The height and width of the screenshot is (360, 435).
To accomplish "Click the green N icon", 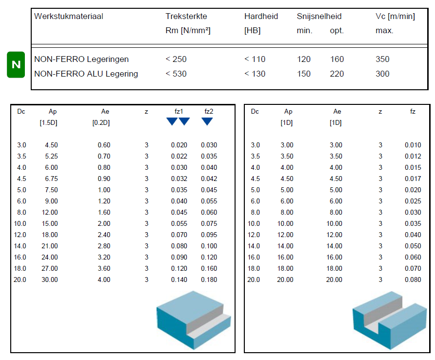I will pyautogui.click(x=16, y=64).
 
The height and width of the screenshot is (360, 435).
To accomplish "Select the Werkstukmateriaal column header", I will pyautogui.click(x=69, y=17).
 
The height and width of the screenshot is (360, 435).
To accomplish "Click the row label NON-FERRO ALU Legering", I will pyautogui.click(x=86, y=74).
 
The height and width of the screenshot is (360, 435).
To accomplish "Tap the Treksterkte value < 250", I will pyautogui.click(x=176, y=60).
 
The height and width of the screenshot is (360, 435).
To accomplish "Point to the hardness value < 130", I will pyautogui.click(x=255, y=74).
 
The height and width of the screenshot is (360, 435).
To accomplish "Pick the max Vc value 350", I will pyautogui.click(x=383, y=60).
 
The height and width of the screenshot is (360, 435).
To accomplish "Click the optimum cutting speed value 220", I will pyautogui.click(x=337, y=74).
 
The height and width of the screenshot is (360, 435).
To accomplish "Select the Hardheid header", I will pyautogui.click(x=261, y=17).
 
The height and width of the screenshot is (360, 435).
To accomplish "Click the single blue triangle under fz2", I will pyautogui.click(x=207, y=121).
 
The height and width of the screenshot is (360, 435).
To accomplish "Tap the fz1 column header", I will pyautogui.click(x=179, y=112).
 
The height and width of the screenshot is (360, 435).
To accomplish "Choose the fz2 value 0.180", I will pyautogui.click(x=209, y=280).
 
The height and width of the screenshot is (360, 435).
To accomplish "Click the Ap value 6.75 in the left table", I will pyautogui.click(x=51, y=179).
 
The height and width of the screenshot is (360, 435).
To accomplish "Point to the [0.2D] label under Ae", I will pyautogui.click(x=101, y=123).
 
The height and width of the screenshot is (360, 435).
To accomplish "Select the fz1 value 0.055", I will pyautogui.click(x=179, y=224).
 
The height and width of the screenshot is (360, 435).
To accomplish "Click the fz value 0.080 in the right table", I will pyautogui.click(x=413, y=280).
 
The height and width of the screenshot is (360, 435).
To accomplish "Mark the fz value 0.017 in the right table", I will pyautogui.click(x=413, y=179).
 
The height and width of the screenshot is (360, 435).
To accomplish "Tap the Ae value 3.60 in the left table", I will pyautogui.click(x=103, y=269).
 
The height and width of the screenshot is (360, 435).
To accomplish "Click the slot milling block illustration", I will pyautogui.click(x=388, y=321).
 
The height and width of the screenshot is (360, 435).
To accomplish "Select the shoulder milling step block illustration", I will pyautogui.click(x=193, y=320).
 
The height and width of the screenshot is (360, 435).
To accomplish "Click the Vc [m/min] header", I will pyautogui.click(x=395, y=17).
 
